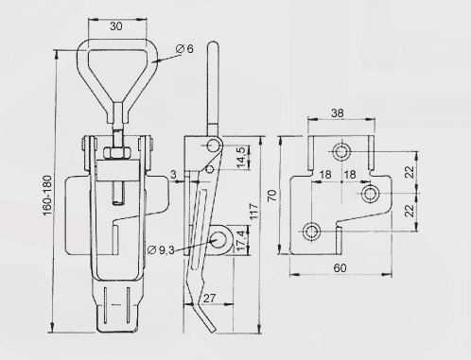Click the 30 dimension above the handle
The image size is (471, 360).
(116, 26)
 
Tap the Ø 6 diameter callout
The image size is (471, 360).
(184, 49)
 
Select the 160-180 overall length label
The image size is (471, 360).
(47, 196)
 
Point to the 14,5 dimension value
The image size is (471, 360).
(240, 157)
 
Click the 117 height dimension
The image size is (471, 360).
(253, 212)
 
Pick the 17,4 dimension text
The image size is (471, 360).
(240, 241)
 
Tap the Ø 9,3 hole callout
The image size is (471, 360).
(161, 250)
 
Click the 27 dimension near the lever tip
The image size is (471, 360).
(209, 298)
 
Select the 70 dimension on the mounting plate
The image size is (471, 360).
(272, 196)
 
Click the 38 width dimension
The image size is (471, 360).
(338, 113)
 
